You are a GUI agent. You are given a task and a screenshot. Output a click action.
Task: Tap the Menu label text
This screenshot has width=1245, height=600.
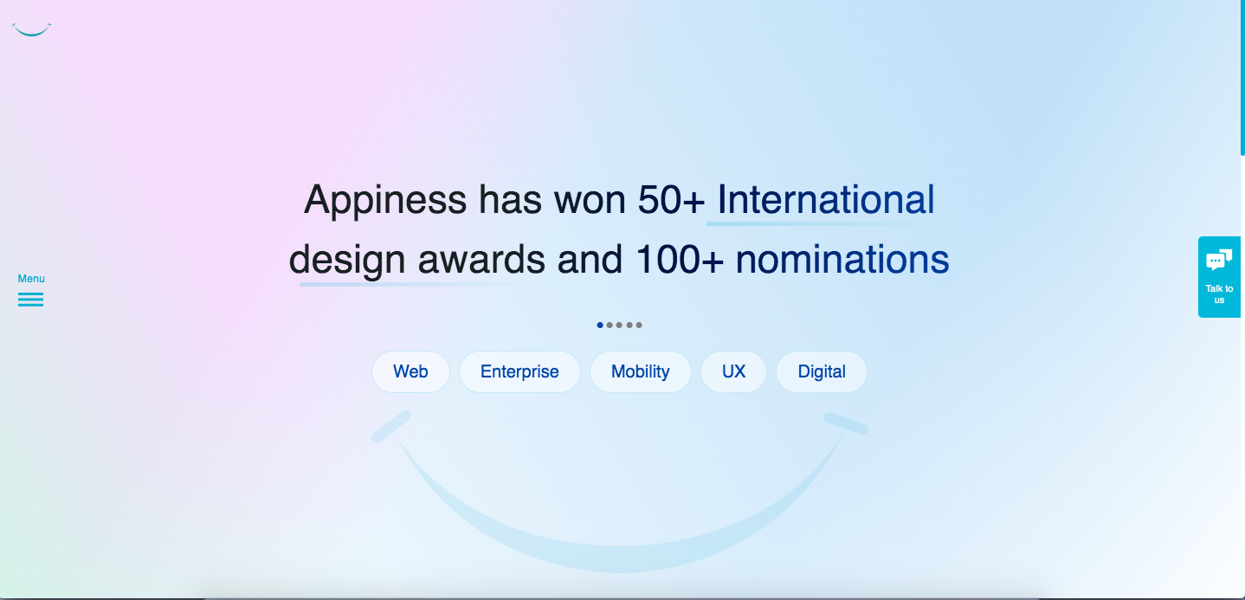click(31, 279)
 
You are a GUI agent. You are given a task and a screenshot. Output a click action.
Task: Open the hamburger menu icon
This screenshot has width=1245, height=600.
click(30, 300)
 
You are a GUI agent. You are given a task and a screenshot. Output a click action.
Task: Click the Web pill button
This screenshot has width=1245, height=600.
click(410, 371)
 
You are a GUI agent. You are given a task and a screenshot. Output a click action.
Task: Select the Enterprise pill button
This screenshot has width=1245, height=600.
click(519, 371)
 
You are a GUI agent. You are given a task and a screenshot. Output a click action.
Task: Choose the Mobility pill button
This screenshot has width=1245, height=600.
click(641, 371)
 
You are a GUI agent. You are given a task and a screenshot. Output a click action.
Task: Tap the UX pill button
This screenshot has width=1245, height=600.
click(733, 371)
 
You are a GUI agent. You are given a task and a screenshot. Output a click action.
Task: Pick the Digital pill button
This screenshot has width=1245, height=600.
click(822, 371)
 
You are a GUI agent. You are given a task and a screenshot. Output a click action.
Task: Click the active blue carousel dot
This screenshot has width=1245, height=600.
click(600, 326)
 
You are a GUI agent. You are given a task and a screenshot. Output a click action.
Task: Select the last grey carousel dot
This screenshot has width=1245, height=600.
click(639, 326)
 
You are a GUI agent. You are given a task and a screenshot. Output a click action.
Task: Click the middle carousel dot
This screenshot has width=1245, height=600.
click(619, 326)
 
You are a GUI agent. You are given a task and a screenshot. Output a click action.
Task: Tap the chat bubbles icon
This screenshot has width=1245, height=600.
click(1219, 260)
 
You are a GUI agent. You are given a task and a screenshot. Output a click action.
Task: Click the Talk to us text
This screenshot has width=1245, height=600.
click(1219, 294)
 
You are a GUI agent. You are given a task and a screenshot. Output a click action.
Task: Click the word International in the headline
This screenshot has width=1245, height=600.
click(826, 200)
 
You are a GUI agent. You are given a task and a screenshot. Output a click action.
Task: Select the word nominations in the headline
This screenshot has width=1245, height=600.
click(842, 260)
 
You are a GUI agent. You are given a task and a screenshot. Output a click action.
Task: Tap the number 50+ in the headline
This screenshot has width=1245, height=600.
click(671, 200)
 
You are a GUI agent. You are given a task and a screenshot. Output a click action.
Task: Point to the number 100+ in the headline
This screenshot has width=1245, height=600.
click(679, 260)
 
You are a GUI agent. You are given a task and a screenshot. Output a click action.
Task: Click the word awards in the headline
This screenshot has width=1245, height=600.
click(481, 260)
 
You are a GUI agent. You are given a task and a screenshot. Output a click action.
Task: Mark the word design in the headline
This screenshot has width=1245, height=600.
click(347, 261)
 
